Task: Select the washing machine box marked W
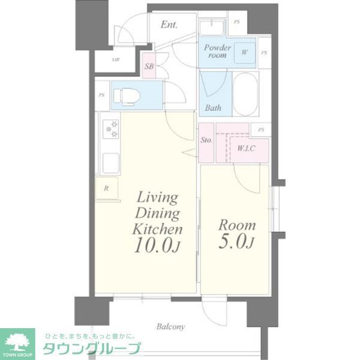244,52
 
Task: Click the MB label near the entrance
116,60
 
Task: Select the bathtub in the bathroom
245,94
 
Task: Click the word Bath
213,108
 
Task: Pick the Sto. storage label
206,140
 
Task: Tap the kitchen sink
112,163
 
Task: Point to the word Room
236,226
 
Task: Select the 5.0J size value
236,243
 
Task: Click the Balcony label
171,327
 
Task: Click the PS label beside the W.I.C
260,129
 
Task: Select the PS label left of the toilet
102,95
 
